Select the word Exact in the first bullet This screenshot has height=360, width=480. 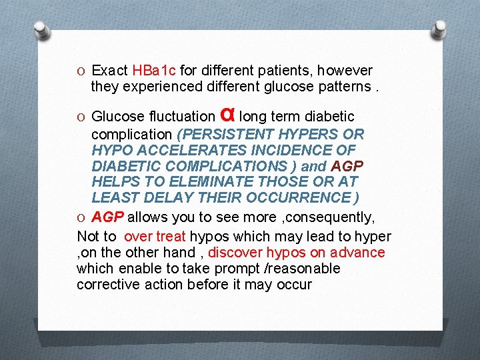[110, 71]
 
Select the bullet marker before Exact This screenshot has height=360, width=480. [81, 71]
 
